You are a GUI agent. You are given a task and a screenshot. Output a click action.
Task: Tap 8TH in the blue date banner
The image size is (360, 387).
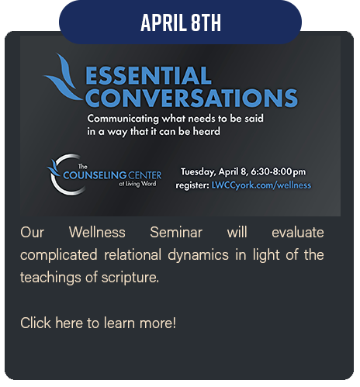(206, 22)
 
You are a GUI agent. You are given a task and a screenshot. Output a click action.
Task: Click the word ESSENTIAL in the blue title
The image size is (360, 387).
(148, 75)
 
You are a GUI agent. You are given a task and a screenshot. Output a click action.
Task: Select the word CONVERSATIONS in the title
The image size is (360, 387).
(192, 98)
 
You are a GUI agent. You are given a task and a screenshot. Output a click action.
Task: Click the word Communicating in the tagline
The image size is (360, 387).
(123, 119)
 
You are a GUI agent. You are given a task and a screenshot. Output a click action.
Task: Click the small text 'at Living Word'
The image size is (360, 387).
(137, 184)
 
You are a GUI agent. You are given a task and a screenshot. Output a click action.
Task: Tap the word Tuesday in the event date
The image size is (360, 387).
(198, 172)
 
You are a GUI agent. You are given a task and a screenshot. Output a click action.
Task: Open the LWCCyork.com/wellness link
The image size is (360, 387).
(261, 185)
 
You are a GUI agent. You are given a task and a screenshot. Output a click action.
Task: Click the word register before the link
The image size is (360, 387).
(192, 185)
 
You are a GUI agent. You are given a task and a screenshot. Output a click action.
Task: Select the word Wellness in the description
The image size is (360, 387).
(97, 232)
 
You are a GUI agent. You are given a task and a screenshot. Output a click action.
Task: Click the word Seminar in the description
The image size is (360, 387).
(176, 232)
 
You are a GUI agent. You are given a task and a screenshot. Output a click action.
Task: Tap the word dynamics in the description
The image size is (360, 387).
(199, 255)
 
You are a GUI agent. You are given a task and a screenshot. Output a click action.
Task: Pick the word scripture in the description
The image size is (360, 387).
(130, 278)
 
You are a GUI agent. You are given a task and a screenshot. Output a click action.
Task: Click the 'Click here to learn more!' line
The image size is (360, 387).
(98, 323)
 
